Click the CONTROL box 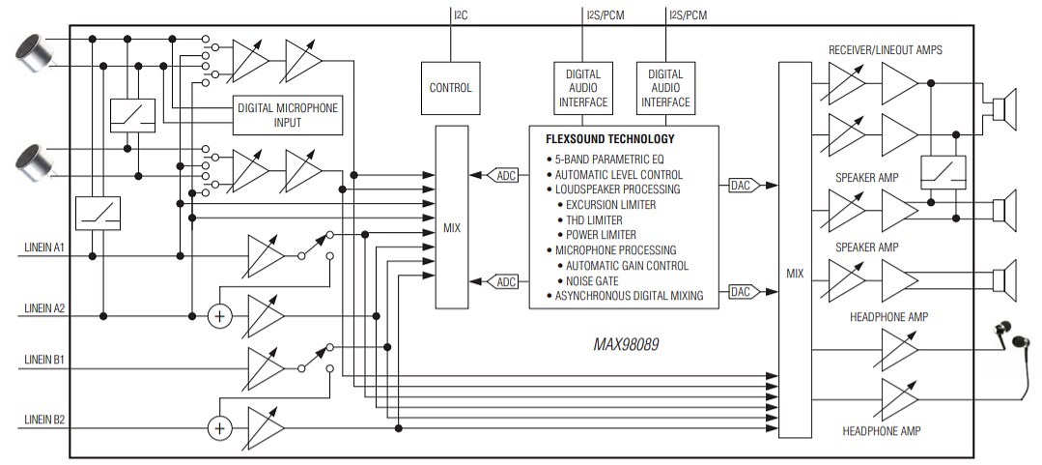(x=450, y=88)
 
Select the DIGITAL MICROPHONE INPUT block (x=288, y=115)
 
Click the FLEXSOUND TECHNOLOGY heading (x=609, y=139)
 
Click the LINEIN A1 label (x=44, y=247)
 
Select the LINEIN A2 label (x=44, y=307)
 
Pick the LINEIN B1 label (x=44, y=360)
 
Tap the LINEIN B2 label (x=44, y=420)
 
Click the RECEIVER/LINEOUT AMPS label (x=885, y=49)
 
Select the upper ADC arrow (x=505, y=175)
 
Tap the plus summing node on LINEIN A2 (x=220, y=316)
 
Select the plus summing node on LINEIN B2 (x=220, y=427)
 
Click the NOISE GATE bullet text (x=599, y=280)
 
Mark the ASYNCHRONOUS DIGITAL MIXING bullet (x=628, y=296)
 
